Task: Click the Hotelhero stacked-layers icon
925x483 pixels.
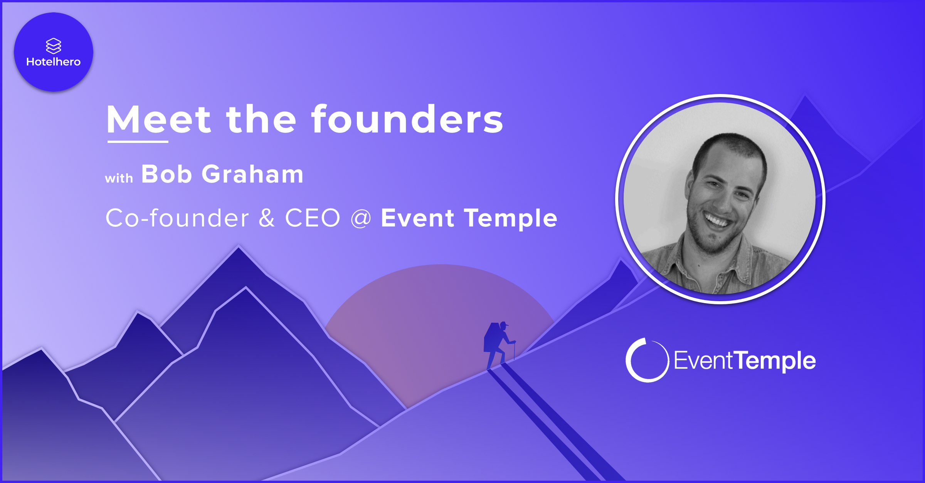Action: (x=54, y=46)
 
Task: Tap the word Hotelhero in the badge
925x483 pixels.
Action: (x=54, y=62)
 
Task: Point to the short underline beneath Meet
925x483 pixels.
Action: (x=138, y=142)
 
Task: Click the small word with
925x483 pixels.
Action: (x=119, y=178)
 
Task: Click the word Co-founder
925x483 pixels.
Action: (x=177, y=218)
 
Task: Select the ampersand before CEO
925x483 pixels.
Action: (x=267, y=218)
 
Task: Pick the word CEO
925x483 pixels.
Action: (x=313, y=218)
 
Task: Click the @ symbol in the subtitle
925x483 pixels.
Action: (x=361, y=219)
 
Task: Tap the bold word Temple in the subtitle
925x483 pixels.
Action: (x=511, y=219)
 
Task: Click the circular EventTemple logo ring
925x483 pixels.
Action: (x=627, y=361)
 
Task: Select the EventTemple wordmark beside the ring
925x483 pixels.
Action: (x=745, y=361)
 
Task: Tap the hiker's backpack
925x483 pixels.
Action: (x=491, y=337)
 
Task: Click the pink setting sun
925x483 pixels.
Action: (x=439, y=327)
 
